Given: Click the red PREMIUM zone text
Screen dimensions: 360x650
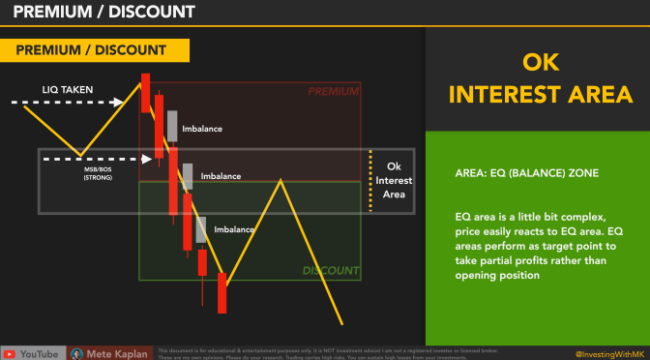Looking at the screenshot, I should [333, 92].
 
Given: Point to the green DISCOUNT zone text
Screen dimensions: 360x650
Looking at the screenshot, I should [330, 271].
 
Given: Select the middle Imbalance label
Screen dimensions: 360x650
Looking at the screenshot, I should [221, 177].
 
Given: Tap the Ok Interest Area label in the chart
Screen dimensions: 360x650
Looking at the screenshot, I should [393, 179].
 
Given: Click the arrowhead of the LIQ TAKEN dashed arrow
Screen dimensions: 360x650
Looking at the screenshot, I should [120, 101].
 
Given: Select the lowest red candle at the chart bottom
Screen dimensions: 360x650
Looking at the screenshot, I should [222, 292].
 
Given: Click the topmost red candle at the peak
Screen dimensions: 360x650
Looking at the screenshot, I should [145, 92].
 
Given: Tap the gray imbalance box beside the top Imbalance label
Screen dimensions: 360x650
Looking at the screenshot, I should [172, 126].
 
